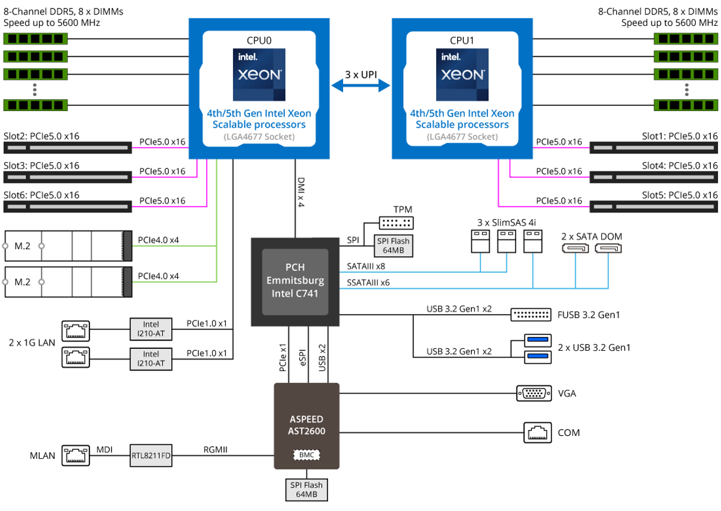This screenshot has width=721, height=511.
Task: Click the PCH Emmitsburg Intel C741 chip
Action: (x=294, y=281)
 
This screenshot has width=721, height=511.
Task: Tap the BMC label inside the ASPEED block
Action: (x=306, y=455)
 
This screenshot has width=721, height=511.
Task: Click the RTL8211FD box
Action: (x=151, y=456)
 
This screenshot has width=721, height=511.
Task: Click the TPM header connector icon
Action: (x=397, y=223)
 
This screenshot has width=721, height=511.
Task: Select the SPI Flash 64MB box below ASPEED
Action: (x=306, y=489)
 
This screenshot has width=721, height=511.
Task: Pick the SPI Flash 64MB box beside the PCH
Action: (x=394, y=245)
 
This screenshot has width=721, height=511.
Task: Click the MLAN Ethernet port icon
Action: (x=76, y=456)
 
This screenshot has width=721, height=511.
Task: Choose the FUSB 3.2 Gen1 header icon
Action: (x=531, y=315)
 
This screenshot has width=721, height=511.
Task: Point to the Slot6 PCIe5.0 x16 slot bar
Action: (x=67, y=207)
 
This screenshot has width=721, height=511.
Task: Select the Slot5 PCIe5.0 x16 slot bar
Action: (x=654, y=207)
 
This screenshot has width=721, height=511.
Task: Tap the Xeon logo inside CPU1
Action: (x=462, y=74)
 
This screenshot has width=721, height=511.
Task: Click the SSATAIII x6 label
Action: (x=368, y=282)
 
